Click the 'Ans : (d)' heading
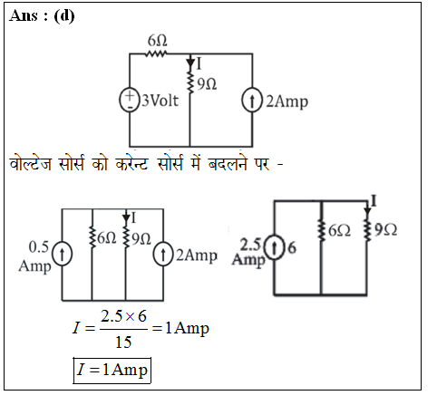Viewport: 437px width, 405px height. point(42,15)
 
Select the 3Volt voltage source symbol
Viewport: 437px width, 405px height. point(130,101)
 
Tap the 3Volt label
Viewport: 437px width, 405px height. point(160,101)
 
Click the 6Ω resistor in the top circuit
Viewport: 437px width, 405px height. point(156,54)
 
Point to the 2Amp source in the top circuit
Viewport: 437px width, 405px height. point(252,101)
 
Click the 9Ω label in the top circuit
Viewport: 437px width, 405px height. point(207,84)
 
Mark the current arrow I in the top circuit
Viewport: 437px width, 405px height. point(190,63)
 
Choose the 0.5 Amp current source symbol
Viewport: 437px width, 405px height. point(62,254)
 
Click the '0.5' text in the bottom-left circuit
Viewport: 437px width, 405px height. point(39,247)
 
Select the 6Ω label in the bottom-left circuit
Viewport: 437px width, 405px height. point(107,238)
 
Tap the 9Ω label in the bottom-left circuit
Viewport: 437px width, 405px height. point(141,239)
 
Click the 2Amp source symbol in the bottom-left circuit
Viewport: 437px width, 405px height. point(163,255)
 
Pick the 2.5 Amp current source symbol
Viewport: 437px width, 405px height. point(275,248)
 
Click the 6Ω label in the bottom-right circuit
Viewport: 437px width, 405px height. point(339,231)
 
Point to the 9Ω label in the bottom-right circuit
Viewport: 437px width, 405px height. point(385,230)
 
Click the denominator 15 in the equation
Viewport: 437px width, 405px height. point(123,342)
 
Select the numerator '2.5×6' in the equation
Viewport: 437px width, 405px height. point(123,316)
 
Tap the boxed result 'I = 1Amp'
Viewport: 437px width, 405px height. point(112,371)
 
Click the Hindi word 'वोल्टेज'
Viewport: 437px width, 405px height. point(30,164)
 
